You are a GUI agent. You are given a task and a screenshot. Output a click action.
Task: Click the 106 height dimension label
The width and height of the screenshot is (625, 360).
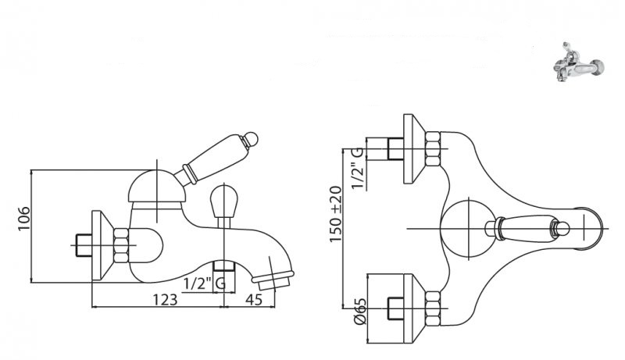24,218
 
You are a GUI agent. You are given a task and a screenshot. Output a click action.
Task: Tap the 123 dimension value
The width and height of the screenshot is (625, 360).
165,299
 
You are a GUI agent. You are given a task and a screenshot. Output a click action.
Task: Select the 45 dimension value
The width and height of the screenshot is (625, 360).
254,299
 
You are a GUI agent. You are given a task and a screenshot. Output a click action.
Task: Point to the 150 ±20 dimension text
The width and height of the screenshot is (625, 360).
336,214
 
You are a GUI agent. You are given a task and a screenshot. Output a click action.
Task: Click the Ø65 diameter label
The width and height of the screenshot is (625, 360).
359,311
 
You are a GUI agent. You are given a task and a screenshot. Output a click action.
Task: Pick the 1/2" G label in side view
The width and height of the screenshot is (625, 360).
205,284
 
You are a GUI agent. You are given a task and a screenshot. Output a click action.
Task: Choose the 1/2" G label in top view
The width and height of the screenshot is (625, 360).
357,169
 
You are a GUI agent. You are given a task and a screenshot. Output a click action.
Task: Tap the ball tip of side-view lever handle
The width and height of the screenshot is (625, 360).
251,139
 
